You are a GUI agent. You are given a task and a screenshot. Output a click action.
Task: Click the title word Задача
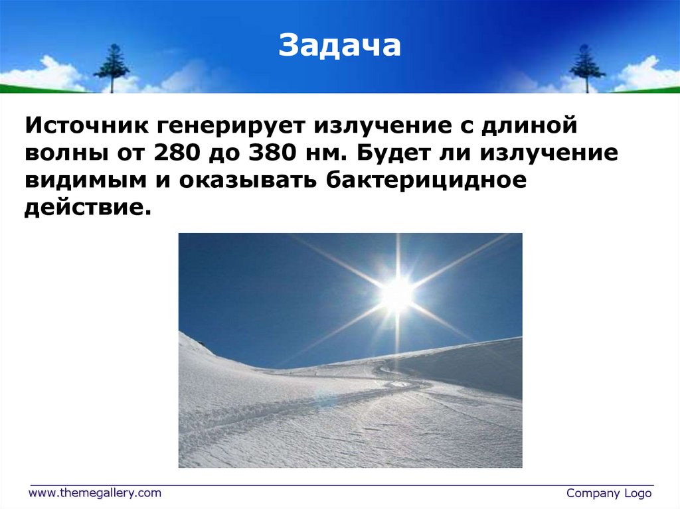pyautogui.click(x=339, y=46)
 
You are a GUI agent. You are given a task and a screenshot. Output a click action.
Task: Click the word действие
pyautogui.click(x=84, y=209)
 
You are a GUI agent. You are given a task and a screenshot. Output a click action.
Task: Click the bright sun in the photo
pyautogui.click(x=397, y=293)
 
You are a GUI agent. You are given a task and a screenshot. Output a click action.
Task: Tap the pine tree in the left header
pyautogui.click(x=112, y=67)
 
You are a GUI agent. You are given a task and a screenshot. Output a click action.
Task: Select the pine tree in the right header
pyautogui.click(x=587, y=67)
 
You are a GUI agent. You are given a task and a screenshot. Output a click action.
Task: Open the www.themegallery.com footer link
pyautogui.click(x=94, y=492)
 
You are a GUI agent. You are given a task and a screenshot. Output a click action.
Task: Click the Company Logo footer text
pyautogui.click(x=609, y=493)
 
